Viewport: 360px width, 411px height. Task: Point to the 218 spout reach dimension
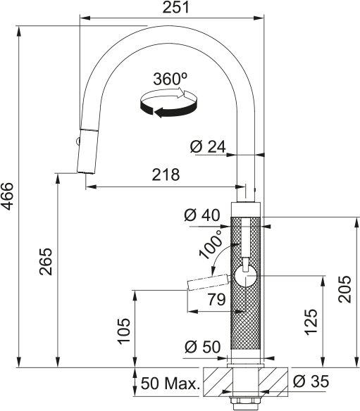(165, 175)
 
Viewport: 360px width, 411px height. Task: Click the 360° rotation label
(170, 79)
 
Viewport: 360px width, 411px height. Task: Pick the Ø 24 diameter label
(207, 146)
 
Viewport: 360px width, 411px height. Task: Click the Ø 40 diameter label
(203, 216)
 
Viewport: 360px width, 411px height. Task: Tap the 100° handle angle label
(212, 243)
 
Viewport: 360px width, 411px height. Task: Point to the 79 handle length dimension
(216, 300)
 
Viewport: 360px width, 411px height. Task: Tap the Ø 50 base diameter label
(203, 347)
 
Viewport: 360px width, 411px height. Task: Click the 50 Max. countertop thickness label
(170, 384)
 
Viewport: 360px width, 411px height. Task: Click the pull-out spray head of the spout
(85, 151)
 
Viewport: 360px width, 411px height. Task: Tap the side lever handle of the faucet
(209, 283)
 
